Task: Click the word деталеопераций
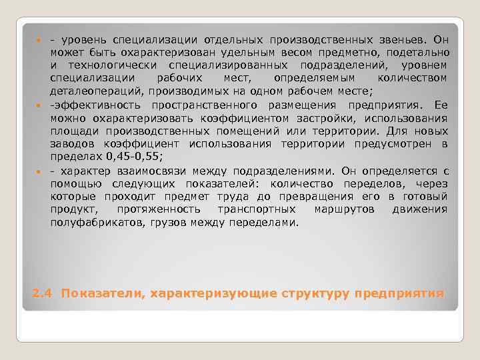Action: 96,91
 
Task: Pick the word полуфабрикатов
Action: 92,222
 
